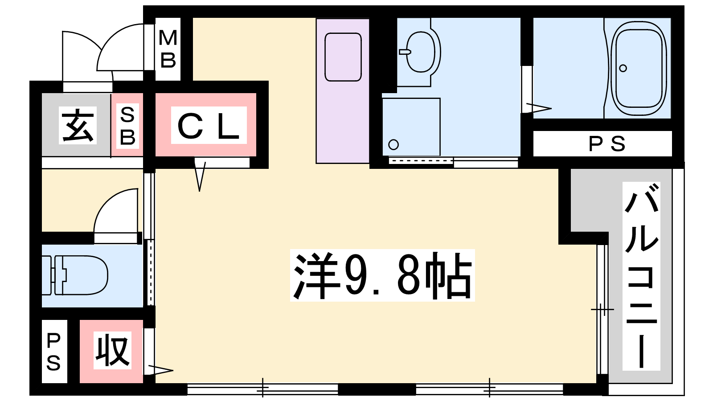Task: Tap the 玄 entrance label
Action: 78,125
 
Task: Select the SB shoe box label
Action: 127,126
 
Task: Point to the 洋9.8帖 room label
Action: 382,276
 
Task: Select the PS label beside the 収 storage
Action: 53,352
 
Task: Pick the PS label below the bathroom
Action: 606,144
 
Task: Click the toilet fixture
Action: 75,275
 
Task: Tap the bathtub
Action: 639,69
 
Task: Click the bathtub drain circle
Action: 623,68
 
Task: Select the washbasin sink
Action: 421,52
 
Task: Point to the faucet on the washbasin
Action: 405,52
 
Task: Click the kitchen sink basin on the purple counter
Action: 343,57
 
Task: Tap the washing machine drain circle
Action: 394,145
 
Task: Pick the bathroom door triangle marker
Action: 539,108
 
